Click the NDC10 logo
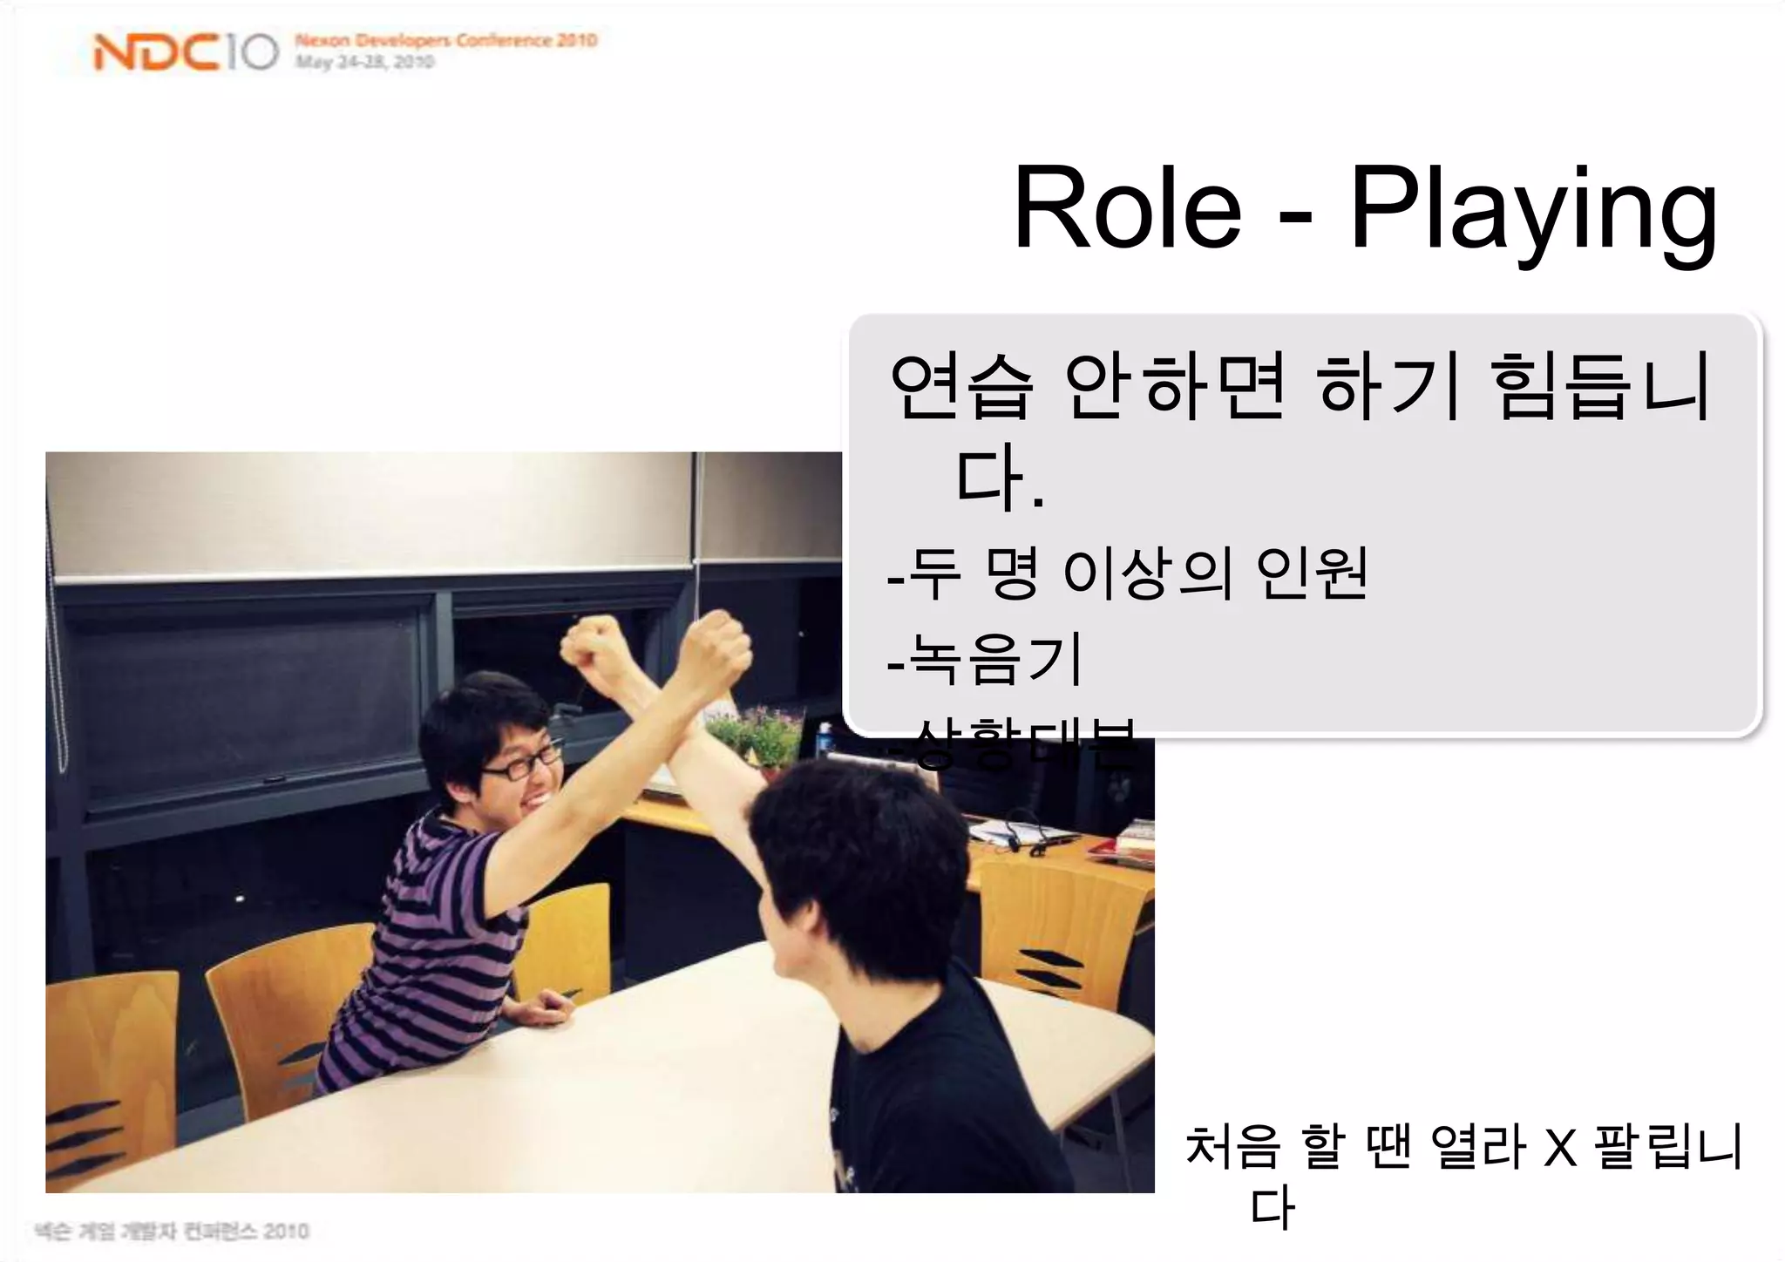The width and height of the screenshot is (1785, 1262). [x=186, y=53]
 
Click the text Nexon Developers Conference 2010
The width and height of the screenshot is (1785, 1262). [x=445, y=40]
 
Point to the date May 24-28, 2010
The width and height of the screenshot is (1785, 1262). [x=363, y=62]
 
